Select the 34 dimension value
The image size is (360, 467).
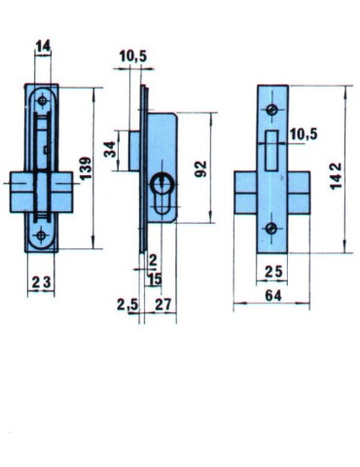[109, 149]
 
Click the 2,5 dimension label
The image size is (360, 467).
[126, 305]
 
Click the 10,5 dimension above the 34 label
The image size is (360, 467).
[133, 58]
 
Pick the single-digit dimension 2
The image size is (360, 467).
[153, 261]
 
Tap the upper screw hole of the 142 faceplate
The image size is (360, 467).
[272, 105]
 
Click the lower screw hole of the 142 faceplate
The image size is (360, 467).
[272, 230]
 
